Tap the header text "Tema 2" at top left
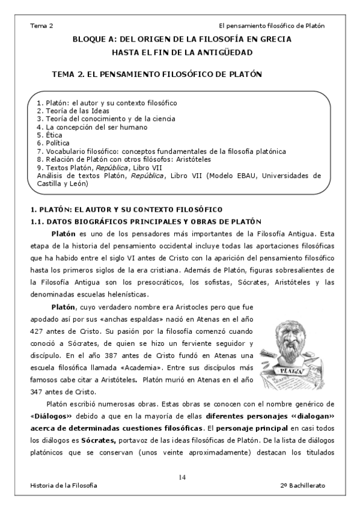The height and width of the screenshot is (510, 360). (x=41, y=26)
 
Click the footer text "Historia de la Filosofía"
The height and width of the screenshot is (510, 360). (x=64, y=485)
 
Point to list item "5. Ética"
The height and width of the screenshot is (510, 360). (x=50, y=135)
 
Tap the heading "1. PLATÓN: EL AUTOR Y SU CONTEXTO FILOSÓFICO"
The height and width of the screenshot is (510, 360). (x=126, y=209)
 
